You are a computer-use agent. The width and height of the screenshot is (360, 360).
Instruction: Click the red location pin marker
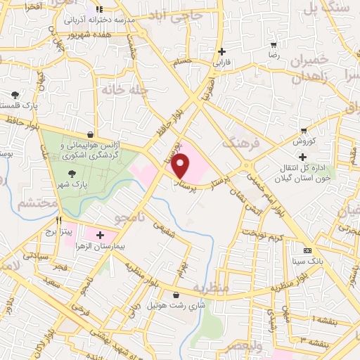181,166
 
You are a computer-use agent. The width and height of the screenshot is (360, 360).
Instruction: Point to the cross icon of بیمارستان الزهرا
100,235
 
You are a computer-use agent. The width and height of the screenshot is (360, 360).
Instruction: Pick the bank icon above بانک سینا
308,250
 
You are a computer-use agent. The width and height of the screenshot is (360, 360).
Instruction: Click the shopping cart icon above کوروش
304,130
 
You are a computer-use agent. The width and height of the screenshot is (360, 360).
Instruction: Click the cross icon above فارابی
222,51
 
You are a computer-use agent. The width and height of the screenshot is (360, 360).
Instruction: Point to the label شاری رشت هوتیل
175,306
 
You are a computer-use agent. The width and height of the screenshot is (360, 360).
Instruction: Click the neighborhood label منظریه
211,288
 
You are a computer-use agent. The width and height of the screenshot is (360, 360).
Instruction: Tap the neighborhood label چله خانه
117,91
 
